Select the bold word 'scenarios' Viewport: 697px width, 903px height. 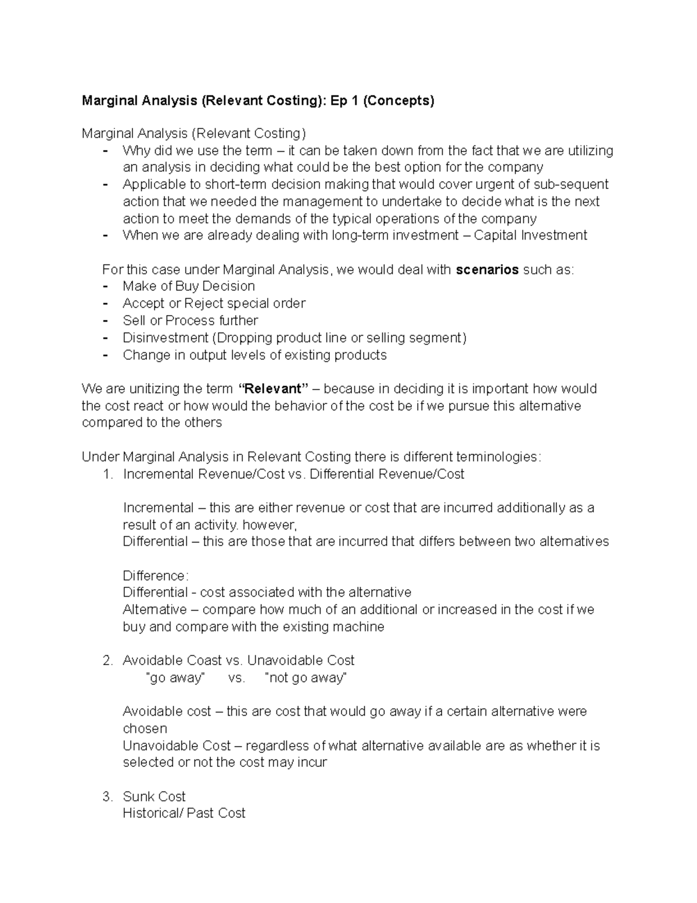(x=487, y=270)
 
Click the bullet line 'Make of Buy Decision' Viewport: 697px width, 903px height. (x=189, y=286)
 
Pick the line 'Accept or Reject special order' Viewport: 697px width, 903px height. (x=214, y=304)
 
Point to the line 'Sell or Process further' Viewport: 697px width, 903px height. (x=191, y=320)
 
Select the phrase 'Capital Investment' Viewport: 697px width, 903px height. (x=530, y=235)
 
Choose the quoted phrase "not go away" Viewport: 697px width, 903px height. (x=306, y=678)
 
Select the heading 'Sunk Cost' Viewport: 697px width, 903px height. (x=154, y=797)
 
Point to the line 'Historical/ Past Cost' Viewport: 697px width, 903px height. (x=184, y=813)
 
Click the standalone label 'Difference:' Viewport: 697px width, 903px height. (x=156, y=576)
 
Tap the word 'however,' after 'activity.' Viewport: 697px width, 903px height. (x=270, y=525)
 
